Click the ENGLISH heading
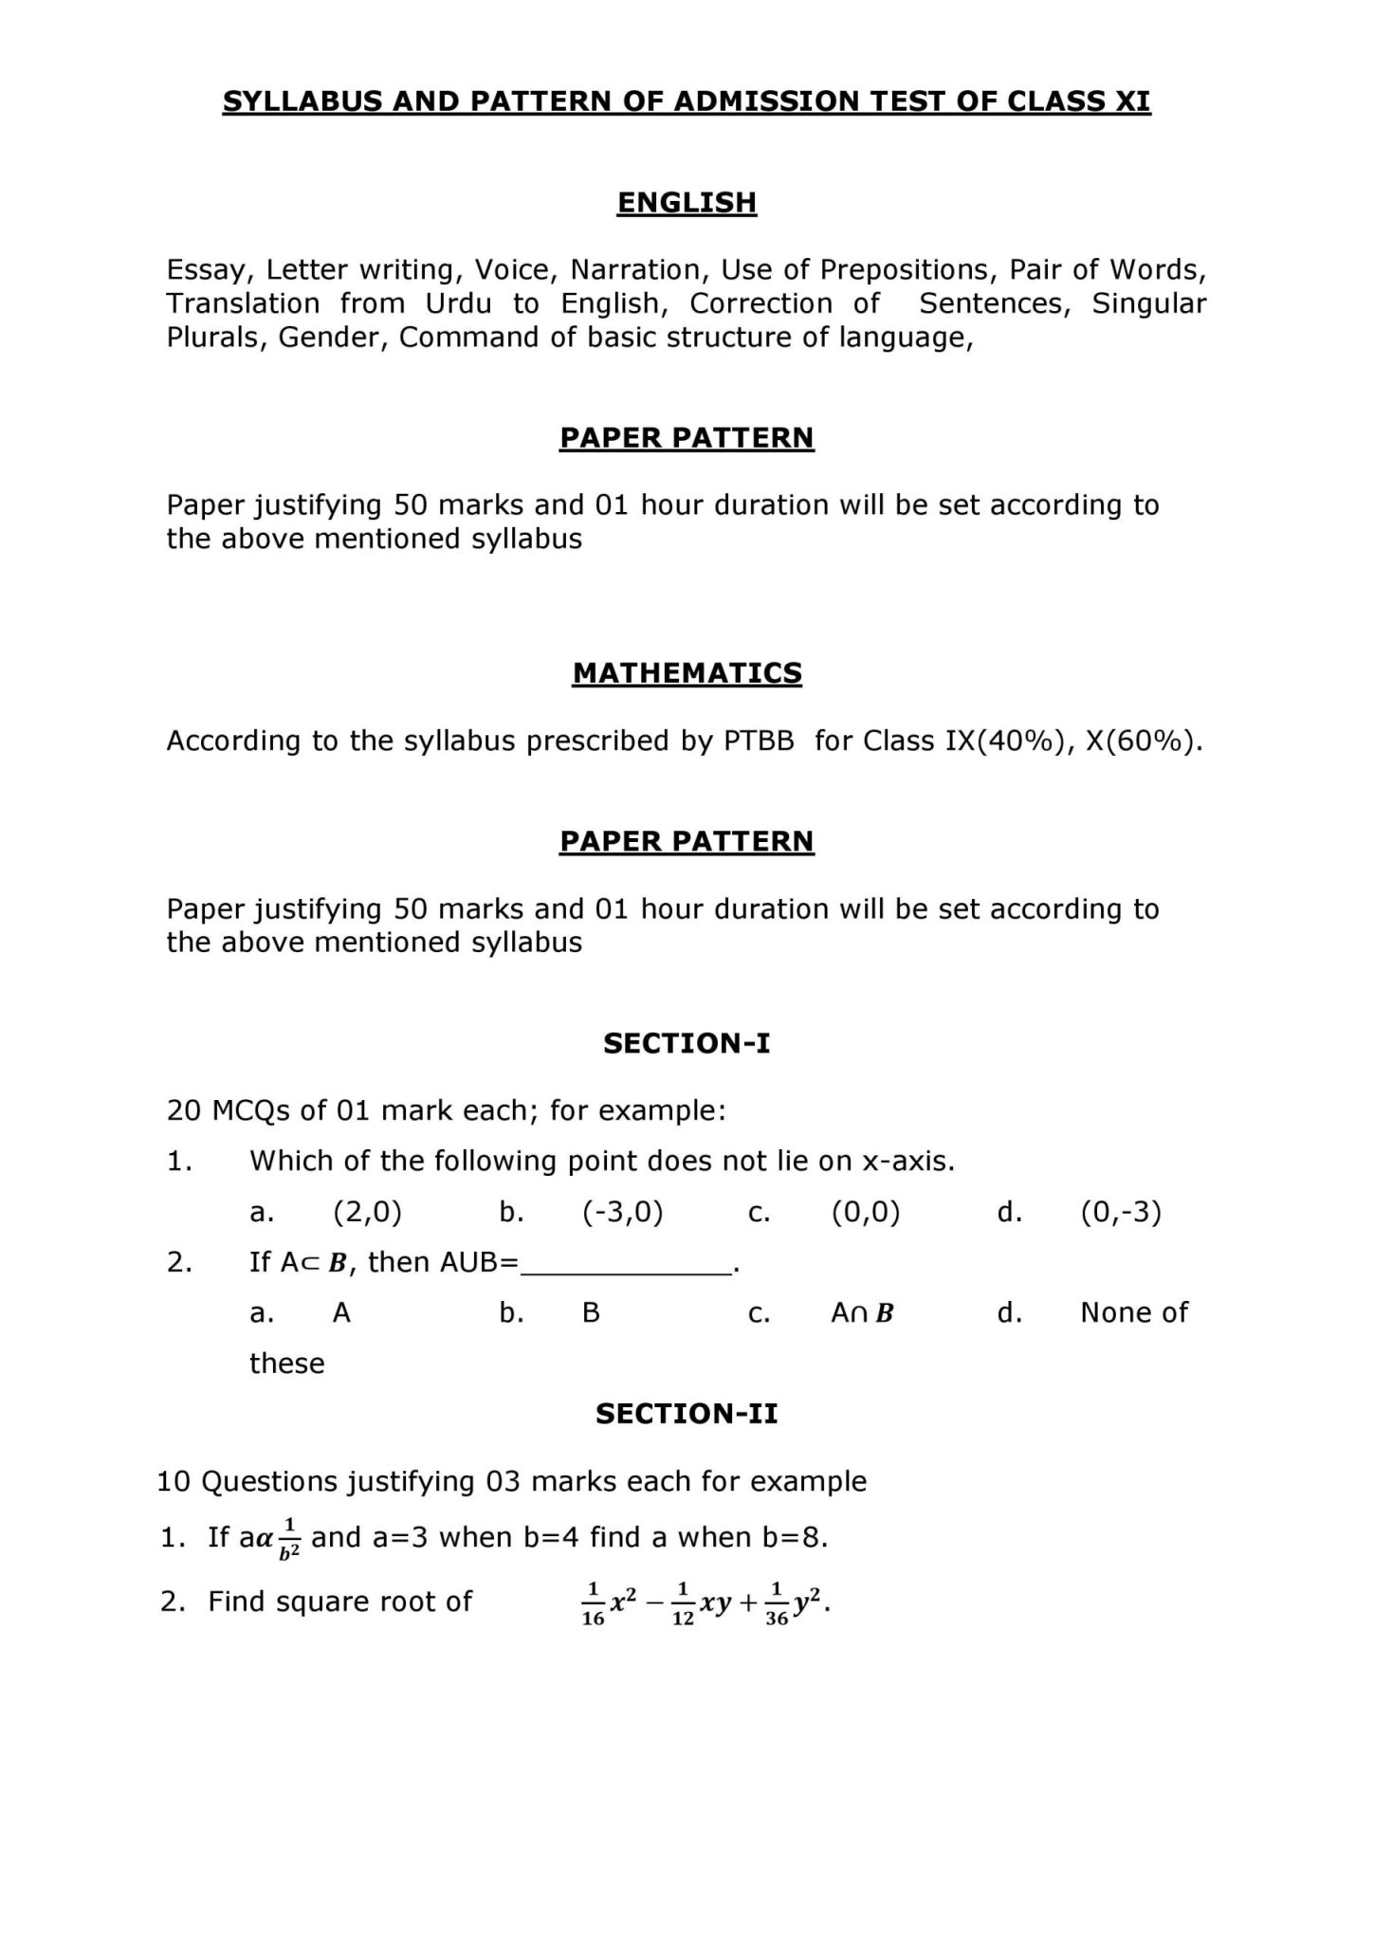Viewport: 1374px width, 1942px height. pyautogui.click(x=687, y=202)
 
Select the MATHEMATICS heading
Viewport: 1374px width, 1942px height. pyautogui.click(x=687, y=672)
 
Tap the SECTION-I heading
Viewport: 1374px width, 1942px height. pyautogui.click(x=687, y=1043)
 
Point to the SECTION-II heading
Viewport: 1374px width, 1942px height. pyautogui.click(x=687, y=1414)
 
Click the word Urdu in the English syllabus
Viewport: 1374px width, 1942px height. pyautogui.click(x=459, y=303)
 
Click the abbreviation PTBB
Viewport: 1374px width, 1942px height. pyautogui.click(x=759, y=741)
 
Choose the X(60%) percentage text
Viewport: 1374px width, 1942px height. pyautogui.click(x=1143, y=741)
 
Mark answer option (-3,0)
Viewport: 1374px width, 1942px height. pyautogui.click(x=622, y=1212)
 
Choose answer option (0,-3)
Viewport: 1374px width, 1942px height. pyautogui.click(x=1121, y=1212)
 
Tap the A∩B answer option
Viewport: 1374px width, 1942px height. pyautogui.click(x=862, y=1313)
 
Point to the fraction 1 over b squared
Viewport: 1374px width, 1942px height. pyautogui.click(x=290, y=1538)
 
